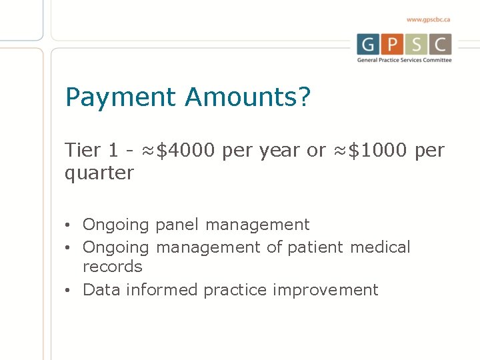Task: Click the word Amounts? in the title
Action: click(x=248, y=98)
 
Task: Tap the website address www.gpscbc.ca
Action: click(x=428, y=20)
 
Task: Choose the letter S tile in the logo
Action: click(x=416, y=45)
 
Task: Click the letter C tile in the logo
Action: click(x=440, y=45)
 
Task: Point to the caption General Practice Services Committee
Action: click(x=404, y=60)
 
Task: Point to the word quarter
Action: click(x=99, y=173)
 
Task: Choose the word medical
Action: click(x=381, y=247)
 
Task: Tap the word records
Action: click(x=113, y=267)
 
